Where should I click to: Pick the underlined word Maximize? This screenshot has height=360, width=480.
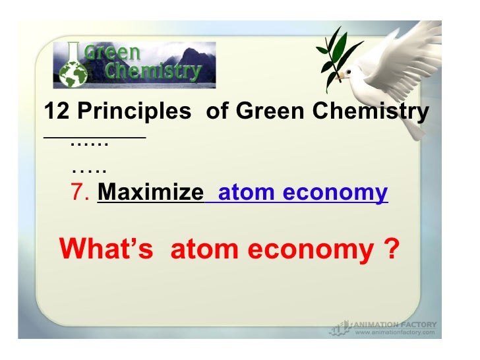(150, 193)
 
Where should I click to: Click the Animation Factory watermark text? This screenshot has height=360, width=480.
(394, 324)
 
